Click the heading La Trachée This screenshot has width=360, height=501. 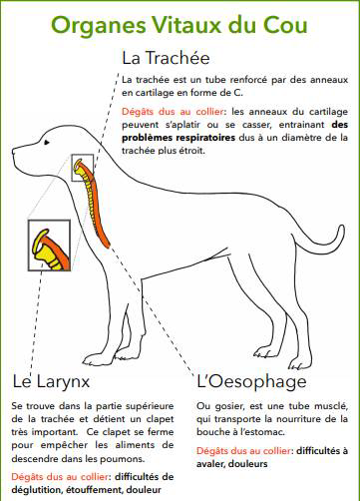point(166,58)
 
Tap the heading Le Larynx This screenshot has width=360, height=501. point(51,381)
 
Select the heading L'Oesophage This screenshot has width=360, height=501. point(251,381)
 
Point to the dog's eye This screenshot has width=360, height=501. point(47,142)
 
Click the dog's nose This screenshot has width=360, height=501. point(14,152)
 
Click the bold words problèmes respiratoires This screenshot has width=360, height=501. point(179,138)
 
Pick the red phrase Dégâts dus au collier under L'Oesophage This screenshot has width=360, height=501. point(244,451)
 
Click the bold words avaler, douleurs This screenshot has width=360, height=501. point(232,464)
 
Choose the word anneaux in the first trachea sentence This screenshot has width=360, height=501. point(329,80)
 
